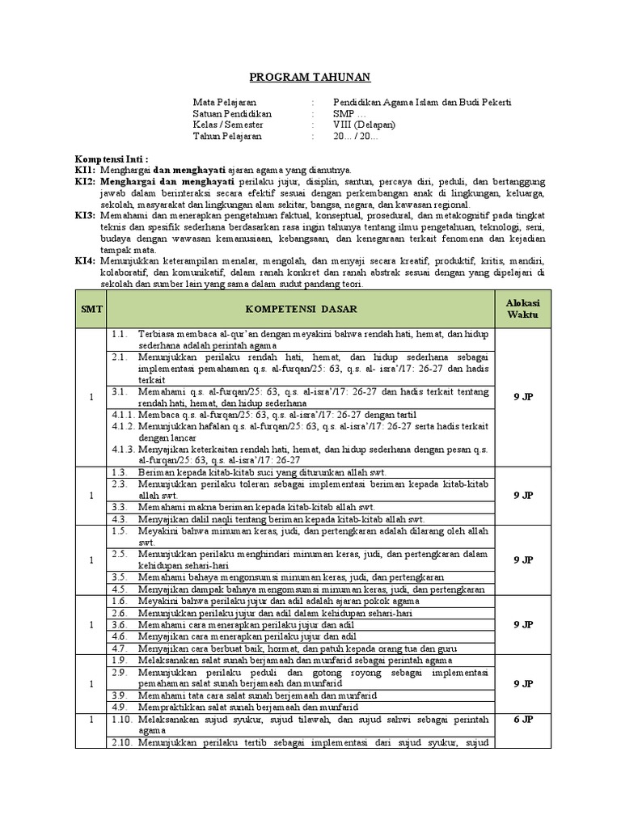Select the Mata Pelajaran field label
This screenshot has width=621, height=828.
(224, 102)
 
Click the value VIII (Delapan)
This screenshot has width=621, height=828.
(364, 125)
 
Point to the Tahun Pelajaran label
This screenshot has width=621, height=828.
(228, 136)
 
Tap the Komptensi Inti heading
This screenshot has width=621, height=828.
(111, 159)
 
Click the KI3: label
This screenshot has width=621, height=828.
(86, 216)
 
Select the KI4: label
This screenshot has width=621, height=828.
(86, 262)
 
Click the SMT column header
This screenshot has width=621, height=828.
(91, 309)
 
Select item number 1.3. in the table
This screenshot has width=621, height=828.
(120, 471)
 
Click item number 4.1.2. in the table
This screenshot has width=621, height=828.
(123, 425)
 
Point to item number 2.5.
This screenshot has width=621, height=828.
(120, 554)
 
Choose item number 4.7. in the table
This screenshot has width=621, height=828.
(120, 648)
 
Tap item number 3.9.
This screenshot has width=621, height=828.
(120, 695)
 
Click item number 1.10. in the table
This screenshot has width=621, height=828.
(122, 719)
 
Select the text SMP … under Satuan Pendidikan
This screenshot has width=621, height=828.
(349, 113)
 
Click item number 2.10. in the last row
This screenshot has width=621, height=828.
(122, 742)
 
